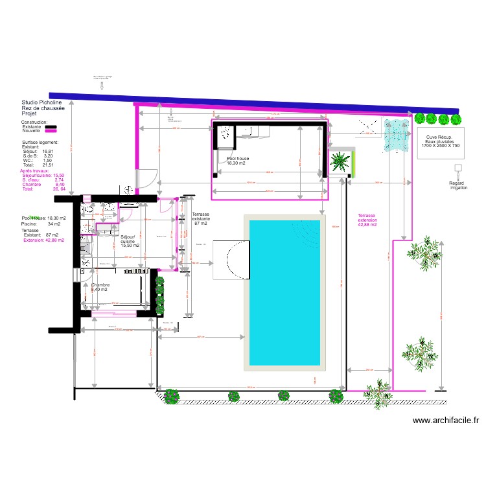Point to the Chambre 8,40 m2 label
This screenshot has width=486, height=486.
click(100, 287)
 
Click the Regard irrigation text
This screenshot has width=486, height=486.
click(457, 185)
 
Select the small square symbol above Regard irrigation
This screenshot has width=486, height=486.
click(459, 168)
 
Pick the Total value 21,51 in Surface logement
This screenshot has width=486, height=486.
click(47, 165)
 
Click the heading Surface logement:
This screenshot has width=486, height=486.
click(40, 142)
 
